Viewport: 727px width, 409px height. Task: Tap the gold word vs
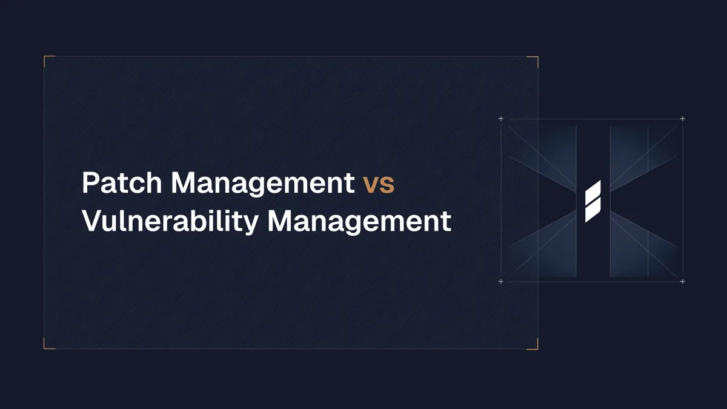tap(379, 185)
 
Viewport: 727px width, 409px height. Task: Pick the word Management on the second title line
tap(359, 221)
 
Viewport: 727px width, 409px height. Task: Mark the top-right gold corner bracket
tap(536, 58)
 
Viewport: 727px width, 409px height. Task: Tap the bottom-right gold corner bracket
tap(536, 347)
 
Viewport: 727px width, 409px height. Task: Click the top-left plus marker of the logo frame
tap(500, 119)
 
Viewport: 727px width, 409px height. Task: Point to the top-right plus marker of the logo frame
tap(683, 119)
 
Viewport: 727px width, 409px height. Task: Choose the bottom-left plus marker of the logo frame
tap(500, 282)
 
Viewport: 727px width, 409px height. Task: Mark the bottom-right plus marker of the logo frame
tap(683, 282)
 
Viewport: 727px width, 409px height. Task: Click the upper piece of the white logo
tap(593, 192)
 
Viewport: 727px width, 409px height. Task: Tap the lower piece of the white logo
tap(592, 210)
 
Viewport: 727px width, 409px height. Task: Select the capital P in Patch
tap(89, 183)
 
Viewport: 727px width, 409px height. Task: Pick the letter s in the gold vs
tap(387, 185)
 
